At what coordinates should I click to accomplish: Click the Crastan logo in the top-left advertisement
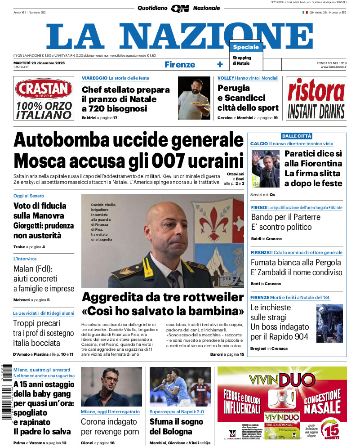[44, 89]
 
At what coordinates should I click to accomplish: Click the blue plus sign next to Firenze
[220, 64]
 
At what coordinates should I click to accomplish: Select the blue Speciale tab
[246, 47]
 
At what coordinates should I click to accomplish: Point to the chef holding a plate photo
[194, 98]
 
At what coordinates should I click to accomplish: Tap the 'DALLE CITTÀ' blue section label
[297, 136]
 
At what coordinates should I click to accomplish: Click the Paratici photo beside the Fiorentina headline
[265, 169]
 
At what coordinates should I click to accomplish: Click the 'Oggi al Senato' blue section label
[29, 196]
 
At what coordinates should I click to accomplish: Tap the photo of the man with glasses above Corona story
[111, 387]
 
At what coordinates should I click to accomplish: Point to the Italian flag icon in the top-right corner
[305, 13]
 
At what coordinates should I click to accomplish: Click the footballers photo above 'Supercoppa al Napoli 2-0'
[180, 387]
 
